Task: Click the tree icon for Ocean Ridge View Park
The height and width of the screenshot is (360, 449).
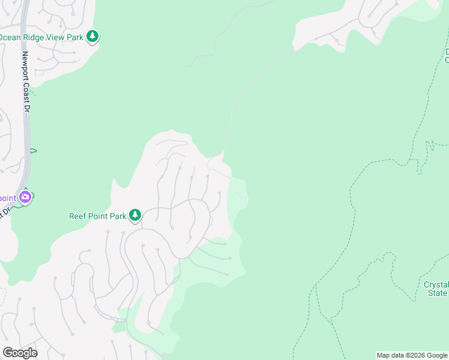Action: pyautogui.click(x=92, y=37)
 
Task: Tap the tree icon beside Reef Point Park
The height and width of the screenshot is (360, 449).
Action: pyautogui.click(x=135, y=215)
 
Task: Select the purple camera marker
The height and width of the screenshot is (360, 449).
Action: pyautogui.click(x=25, y=196)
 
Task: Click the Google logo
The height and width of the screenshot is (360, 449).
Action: pyautogui.click(x=20, y=353)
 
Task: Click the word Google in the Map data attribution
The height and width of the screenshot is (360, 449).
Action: pyautogui.click(x=436, y=355)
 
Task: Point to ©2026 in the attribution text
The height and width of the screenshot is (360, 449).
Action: pyautogui.click(x=415, y=355)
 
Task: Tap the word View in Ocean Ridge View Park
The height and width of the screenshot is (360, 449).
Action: pyautogui.click(x=58, y=37)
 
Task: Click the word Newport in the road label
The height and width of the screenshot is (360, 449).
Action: pyautogui.click(x=26, y=68)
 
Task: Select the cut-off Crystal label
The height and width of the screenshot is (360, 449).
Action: pyautogui.click(x=436, y=284)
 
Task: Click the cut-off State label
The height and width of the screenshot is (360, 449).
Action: pyautogui.click(x=438, y=293)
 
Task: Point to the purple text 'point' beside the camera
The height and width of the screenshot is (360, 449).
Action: pyautogui.click(x=8, y=198)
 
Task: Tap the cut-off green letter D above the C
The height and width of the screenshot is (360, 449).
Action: pyautogui.click(x=447, y=52)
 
